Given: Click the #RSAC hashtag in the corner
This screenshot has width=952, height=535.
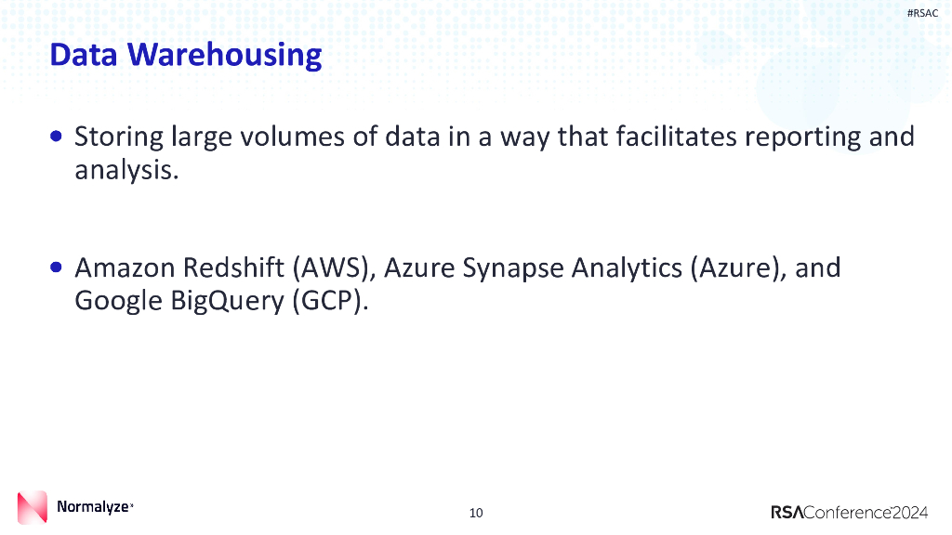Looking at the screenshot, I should coord(922,12).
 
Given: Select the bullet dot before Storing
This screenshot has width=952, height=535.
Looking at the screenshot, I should coord(58,137).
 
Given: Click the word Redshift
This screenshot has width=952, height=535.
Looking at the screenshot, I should coord(235,268).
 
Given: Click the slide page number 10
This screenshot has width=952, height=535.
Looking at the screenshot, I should coord(476,513).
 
